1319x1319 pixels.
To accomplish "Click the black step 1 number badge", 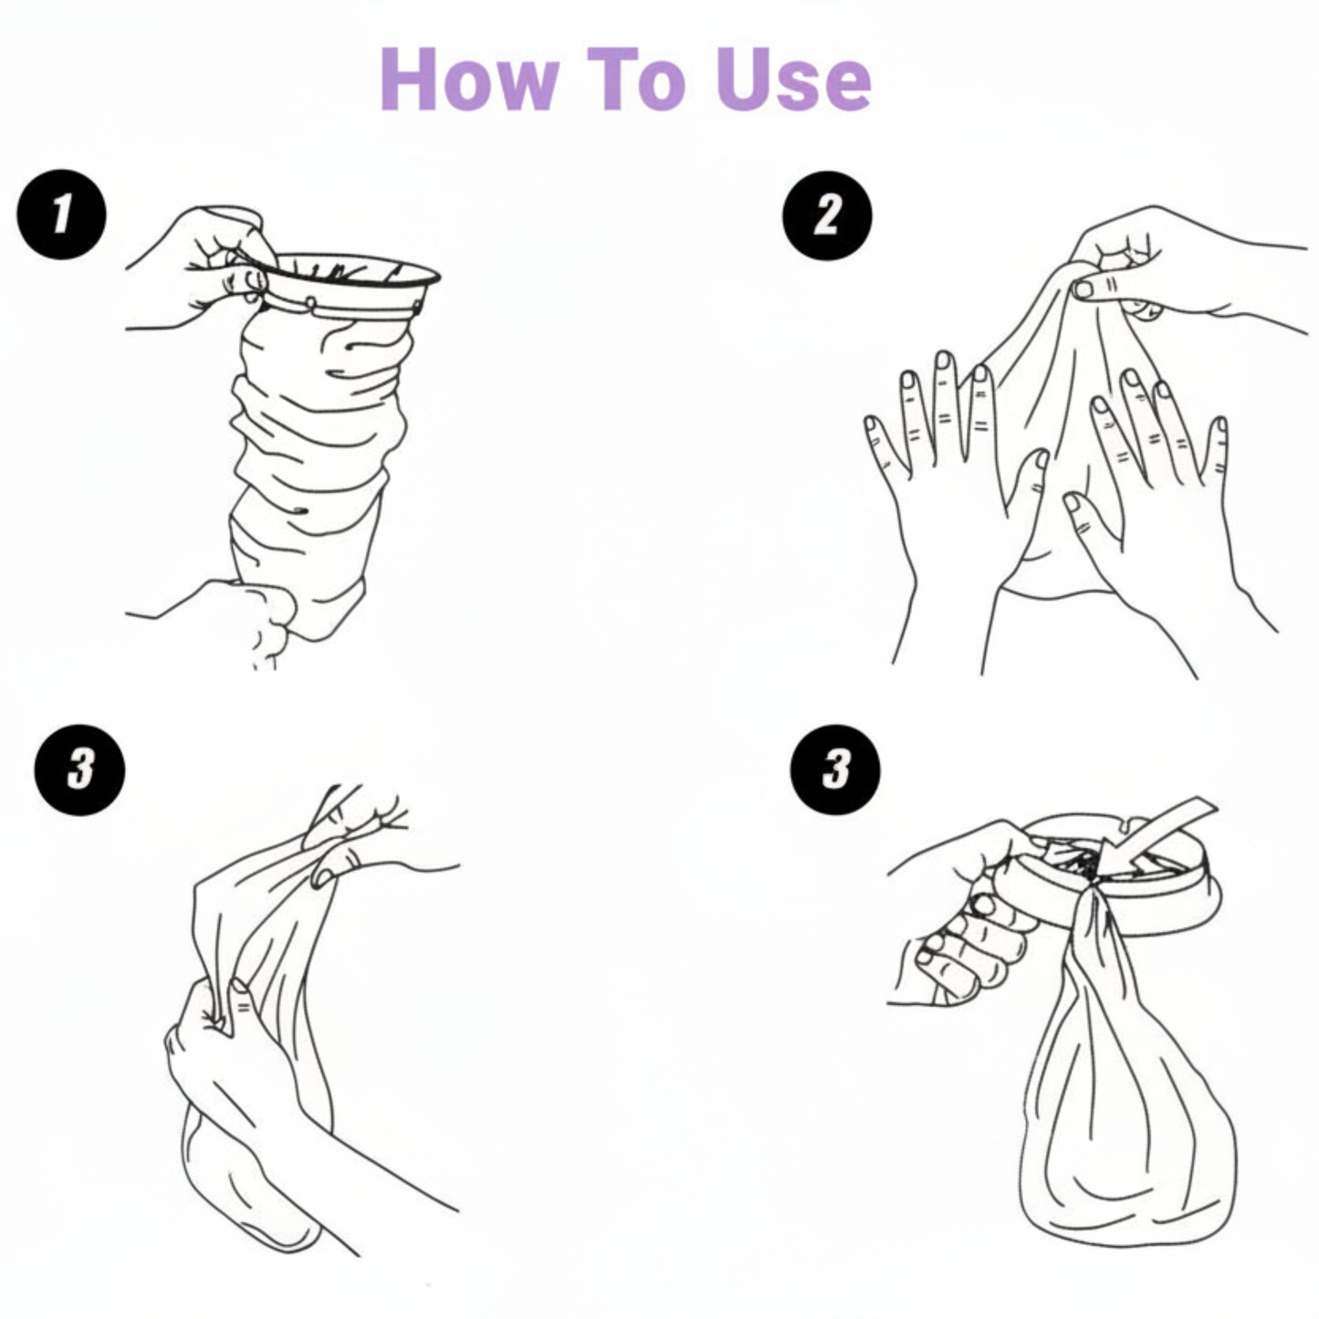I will pos(61,215).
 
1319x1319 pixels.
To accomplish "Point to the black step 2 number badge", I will pos(827,216).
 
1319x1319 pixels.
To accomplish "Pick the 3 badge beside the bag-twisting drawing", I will pos(79,769).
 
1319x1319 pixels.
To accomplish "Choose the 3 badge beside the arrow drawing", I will pos(835,769).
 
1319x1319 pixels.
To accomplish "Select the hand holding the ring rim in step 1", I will pos(205,265).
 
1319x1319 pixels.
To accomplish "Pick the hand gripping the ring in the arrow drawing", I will pos(968,922).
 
